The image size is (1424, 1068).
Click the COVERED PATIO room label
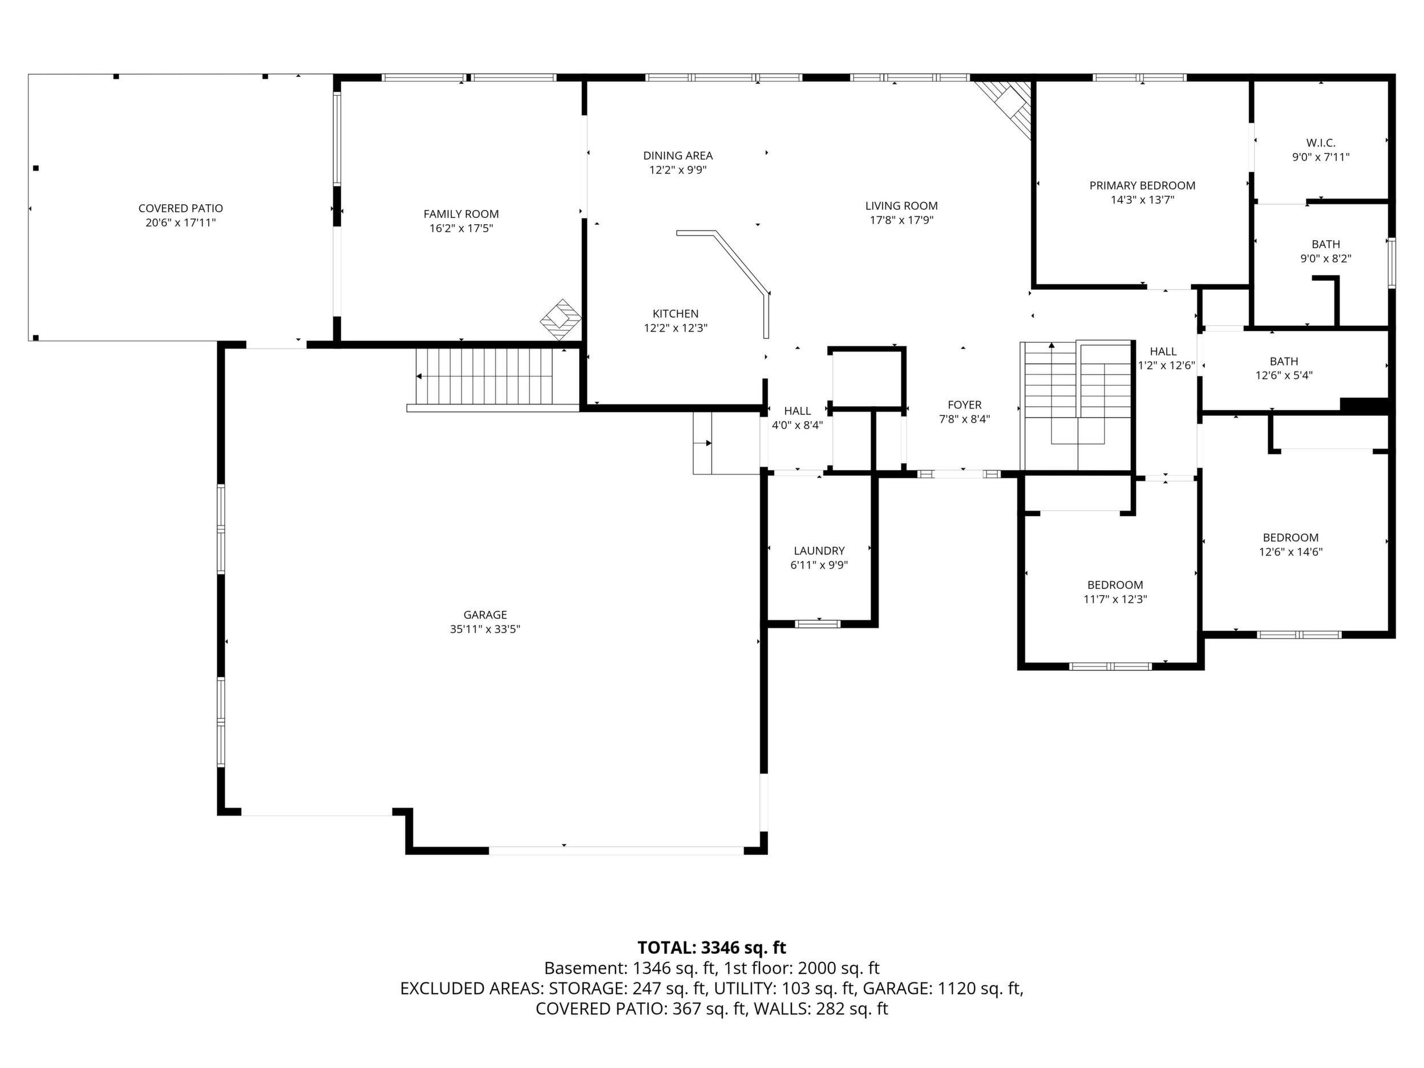point(181,209)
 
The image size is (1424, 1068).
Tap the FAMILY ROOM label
point(461,215)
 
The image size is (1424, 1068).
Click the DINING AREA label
point(678,156)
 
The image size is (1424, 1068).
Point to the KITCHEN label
point(675,314)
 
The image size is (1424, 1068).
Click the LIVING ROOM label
point(901,206)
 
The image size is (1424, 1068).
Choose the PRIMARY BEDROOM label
point(1142,186)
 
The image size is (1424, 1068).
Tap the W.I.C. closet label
point(1321,143)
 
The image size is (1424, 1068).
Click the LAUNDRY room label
point(819,551)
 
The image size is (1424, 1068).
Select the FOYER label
point(964,405)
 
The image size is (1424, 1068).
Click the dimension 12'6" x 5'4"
point(1284,376)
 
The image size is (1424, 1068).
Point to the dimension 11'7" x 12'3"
point(1115,600)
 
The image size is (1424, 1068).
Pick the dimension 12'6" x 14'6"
point(1290,552)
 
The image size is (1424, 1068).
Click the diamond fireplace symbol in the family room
point(561,320)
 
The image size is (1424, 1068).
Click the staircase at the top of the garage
point(484,377)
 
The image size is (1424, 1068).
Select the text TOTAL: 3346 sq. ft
point(711,948)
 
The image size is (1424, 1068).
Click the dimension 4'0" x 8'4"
point(797,426)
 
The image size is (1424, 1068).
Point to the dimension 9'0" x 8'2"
point(1325,260)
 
